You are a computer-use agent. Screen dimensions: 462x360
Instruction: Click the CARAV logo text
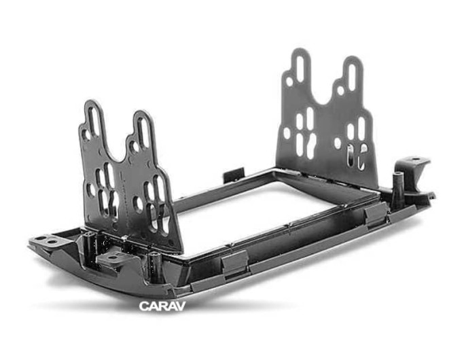click(162, 306)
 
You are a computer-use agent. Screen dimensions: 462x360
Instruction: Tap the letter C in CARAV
click(143, 306)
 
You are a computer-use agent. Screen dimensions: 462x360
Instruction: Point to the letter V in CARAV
click(181, 306)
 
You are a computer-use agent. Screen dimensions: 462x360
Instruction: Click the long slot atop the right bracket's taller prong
click(300, 69)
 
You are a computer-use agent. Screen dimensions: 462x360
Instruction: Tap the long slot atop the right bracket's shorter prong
click(352, 77)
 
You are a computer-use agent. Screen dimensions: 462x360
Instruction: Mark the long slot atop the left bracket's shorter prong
click(143, 132)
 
